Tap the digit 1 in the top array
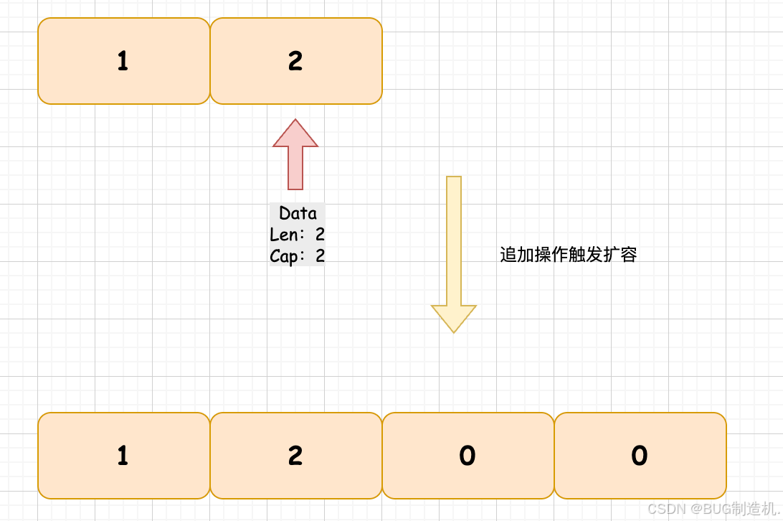(123, 62)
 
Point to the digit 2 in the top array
(295, 62)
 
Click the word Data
(298, 213)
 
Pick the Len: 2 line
(297, 235)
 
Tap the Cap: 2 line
(297, 256)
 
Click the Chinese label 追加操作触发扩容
(568, 255)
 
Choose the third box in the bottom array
(468, 456)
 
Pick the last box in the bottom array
(640, 456)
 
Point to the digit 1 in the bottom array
(123, 456)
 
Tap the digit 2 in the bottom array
(295, 456)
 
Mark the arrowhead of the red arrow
(295, 134)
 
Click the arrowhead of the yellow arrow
(454, 317)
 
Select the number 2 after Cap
(320, 256)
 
